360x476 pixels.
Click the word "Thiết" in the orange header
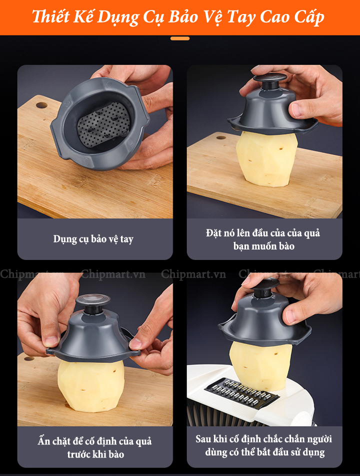[50, 16]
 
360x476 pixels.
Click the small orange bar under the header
[180, 38]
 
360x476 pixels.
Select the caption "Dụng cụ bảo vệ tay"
[93, 239]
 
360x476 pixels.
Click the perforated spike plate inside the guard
[102, 124]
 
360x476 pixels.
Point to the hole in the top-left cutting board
[41, 105]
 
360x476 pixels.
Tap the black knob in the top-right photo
[269, 80]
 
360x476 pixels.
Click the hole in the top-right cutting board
[221, 137]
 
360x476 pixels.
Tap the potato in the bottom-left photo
[91, 385]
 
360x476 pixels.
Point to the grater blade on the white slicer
[242, 393]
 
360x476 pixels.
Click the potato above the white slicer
[260, 366]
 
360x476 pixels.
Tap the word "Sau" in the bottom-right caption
[203, 439]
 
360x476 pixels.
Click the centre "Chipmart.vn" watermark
[193, 274]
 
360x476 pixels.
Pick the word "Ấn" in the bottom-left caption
[43, 440]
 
